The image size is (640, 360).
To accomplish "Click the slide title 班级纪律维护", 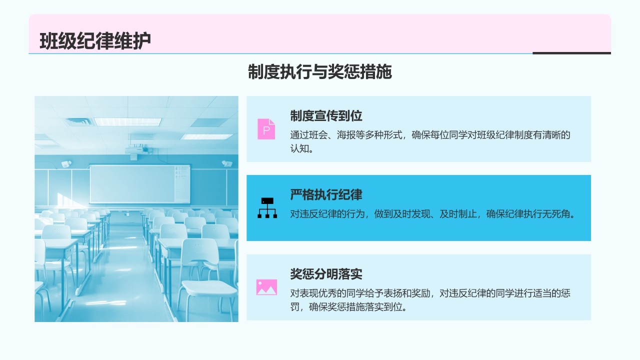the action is [x=95, y=41].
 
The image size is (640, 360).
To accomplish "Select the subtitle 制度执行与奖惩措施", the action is [x=319, y=71].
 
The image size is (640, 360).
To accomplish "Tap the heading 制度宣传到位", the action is [x=326, y=115].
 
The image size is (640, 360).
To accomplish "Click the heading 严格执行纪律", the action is [x=326, y=194].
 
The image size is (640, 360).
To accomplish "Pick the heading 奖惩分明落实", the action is [x=326, y=273].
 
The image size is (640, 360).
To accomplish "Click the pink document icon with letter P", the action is [x=266, y=129].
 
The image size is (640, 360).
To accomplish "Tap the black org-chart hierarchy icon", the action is [x=267, y=207].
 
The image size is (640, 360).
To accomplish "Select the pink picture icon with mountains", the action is [x=266, y=287].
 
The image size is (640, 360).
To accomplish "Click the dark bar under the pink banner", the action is [x=571, y=53].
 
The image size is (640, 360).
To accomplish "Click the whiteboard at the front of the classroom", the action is [x=140, y=184].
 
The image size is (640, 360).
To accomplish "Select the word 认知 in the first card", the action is [x=299, y=148].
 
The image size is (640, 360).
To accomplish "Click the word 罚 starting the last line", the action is [x=295, y=307].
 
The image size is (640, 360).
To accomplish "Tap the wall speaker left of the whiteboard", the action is [x=66, y=163].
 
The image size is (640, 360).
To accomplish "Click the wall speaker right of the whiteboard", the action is [x=227, y=163].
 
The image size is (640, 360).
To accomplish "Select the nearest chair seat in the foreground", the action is [x=209, y=287].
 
